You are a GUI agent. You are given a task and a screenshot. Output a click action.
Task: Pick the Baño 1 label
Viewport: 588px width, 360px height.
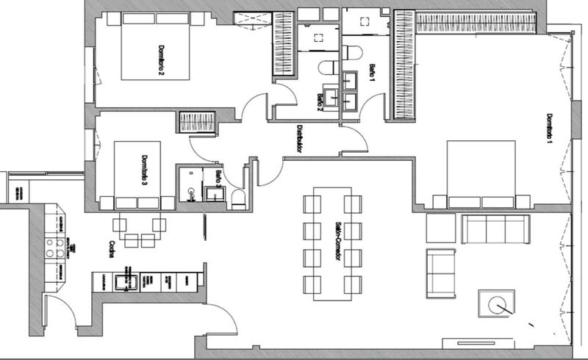coord(373,72)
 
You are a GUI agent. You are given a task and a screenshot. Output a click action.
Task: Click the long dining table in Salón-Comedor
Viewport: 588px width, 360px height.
coord(329,239)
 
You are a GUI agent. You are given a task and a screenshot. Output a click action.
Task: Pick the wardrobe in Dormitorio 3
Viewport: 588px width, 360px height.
coord(196,121)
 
